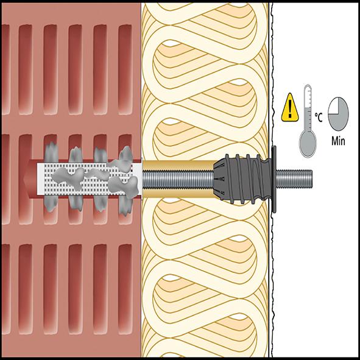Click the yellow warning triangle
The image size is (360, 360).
290,108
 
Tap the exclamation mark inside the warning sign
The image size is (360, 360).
290,109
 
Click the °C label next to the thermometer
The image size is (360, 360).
319,118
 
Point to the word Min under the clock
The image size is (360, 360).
338,141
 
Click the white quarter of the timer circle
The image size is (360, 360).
333,105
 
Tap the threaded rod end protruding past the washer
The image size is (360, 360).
294,179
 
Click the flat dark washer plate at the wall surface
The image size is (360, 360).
274,179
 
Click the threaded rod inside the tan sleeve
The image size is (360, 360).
178,180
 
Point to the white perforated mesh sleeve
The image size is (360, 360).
89,179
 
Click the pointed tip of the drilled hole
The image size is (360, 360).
24,179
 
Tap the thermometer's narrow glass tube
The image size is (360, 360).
308,108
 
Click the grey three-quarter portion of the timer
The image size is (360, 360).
341,117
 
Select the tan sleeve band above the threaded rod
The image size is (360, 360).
178,165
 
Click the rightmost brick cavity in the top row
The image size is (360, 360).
125,69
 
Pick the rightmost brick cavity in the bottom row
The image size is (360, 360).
125,289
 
